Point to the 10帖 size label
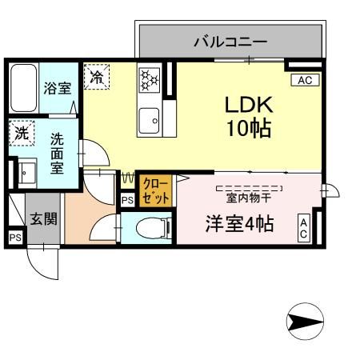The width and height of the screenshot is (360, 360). coord(249,128)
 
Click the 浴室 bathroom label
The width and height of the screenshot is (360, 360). coord(58,87)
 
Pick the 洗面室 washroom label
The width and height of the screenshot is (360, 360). coord(58,152)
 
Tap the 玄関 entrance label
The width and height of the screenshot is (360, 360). coord(44,218)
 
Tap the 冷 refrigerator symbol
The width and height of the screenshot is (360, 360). coord(97,78)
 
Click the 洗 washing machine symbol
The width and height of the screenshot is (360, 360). coord(22,134)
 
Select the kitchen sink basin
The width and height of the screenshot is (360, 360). coord(149,122)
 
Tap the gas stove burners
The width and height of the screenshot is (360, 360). coord(149,78)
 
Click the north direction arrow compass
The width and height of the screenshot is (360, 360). coord(305,322)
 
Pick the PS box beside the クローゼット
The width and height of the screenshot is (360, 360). coord(127,202)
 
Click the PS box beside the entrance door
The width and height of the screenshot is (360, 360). coord(15,238)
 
